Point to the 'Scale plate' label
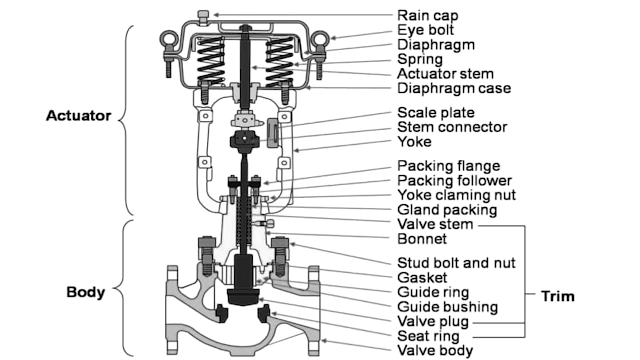(x=436, y=113)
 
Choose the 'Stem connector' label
(x=452, y=127)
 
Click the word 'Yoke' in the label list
(x=416, y=142)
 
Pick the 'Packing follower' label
(x=457, y=181)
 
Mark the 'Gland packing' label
(x=447, y=209)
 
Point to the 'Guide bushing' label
(x=448, y=307)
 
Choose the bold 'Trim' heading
(x=557, y=296)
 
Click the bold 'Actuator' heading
(x=77, y=115)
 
